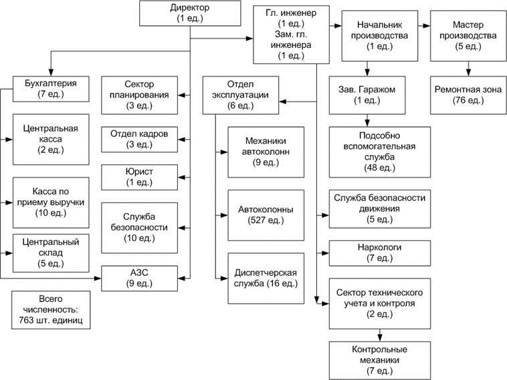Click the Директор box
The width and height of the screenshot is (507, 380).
pyautogui.click(x=190, y=13)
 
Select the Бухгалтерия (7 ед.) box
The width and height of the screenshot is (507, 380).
pyautogui.click(x=51, y=89)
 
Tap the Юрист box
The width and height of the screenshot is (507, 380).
pyautogui.click(x=139, y=177)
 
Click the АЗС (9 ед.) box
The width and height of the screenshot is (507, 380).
pyautogui.click(x=139, y=278)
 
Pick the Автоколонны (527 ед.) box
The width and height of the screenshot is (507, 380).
pyautogui.click(x=266, y=215)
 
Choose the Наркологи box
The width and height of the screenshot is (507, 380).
pyautogui.click(x=380, y=253)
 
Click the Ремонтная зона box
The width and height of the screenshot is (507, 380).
pyautogui.click(x=468, y=96)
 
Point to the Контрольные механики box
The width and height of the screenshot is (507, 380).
pyautogui.click(x=380, y=361)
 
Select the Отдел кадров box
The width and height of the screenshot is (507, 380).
pyautogui.click(x=139, y=140)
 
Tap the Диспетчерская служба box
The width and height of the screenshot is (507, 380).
pyautogui.click(x=266, y=278)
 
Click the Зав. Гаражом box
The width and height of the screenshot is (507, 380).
pyautogui.click(x=367, y=96)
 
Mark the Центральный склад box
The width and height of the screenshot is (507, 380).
pyautogui.click(x=51, y=253)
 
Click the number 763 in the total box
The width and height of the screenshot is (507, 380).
pyautogui.click(x=27, y=320)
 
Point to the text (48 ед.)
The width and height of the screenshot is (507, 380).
pyautogui.click(x=380, y=168)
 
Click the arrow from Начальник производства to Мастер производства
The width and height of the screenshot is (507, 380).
pyautogui.click(x=424, y=26)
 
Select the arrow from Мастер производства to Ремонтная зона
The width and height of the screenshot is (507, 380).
pyautogui.click(x=468, y=69)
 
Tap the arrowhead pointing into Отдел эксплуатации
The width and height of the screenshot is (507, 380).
pyautogui.click(x=283, y=102)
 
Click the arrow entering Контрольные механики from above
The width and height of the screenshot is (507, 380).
pyautogui.click(x=380, y=335)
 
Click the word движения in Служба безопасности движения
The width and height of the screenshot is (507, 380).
pyautogui.click(x=380, y=208)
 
